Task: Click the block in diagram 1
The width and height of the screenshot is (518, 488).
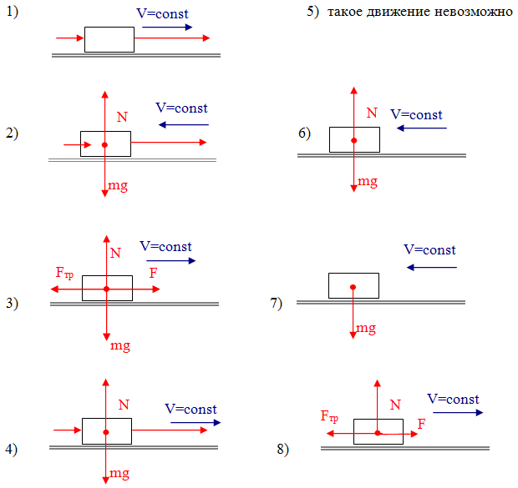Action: pyautogui.click(x=109, y=39)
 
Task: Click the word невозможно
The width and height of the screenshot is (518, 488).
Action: pyautogui.click(x=470, y=14)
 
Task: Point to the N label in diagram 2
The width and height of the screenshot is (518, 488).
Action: pyautogui.click(x=122, y=118)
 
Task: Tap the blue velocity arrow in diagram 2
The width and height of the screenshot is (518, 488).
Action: pyautogui.click(x=184, y=125)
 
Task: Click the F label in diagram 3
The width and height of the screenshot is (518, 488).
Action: pyautogui.click(x=153, y=273)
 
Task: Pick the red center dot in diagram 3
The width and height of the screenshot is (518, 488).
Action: pyautogui.click(x=107, y=289)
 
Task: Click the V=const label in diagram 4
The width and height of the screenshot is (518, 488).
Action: pyautogui.click(x=190, y=409)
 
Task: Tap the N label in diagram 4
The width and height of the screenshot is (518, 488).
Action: pyautogui.click(x=124, y=405)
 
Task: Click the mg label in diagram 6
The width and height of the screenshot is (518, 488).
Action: pyautogui.click(x=368, y=181)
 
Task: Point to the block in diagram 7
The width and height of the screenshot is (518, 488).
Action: pyautogui.click(x=353, y=285)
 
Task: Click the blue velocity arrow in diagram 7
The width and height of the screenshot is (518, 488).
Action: pyautogui.click(x=433, y=267)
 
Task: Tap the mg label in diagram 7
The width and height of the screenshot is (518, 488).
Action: pyautogui.click(x=366, y=329)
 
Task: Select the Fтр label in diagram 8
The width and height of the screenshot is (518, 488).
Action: pyautogui.click(x=330, y=415)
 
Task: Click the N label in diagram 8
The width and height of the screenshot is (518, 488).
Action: pyautogui.click(x=395, y=405)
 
